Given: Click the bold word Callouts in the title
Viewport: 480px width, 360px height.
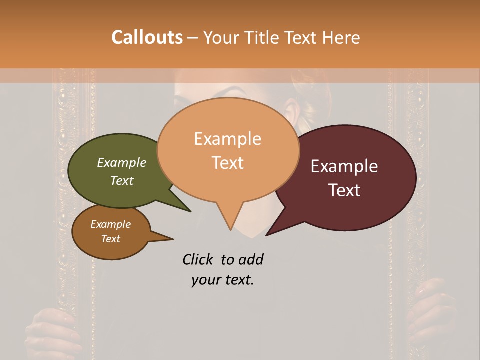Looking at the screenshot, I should click(x=147, y=37).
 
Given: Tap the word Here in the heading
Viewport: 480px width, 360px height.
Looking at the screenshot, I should click(x=340, y=37).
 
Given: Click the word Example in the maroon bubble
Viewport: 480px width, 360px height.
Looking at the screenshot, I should click(x=344, y=166).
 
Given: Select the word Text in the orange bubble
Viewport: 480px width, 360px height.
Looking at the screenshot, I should click(x=228, y=163).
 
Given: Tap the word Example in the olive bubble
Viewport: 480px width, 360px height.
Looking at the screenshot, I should click(x=122, y=162).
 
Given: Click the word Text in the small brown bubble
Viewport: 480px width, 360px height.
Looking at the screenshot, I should click(x=111, y=239).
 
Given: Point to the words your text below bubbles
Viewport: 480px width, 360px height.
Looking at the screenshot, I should click(x=223, y=280).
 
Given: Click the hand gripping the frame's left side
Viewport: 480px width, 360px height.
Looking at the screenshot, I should click(x=50, y=330).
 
